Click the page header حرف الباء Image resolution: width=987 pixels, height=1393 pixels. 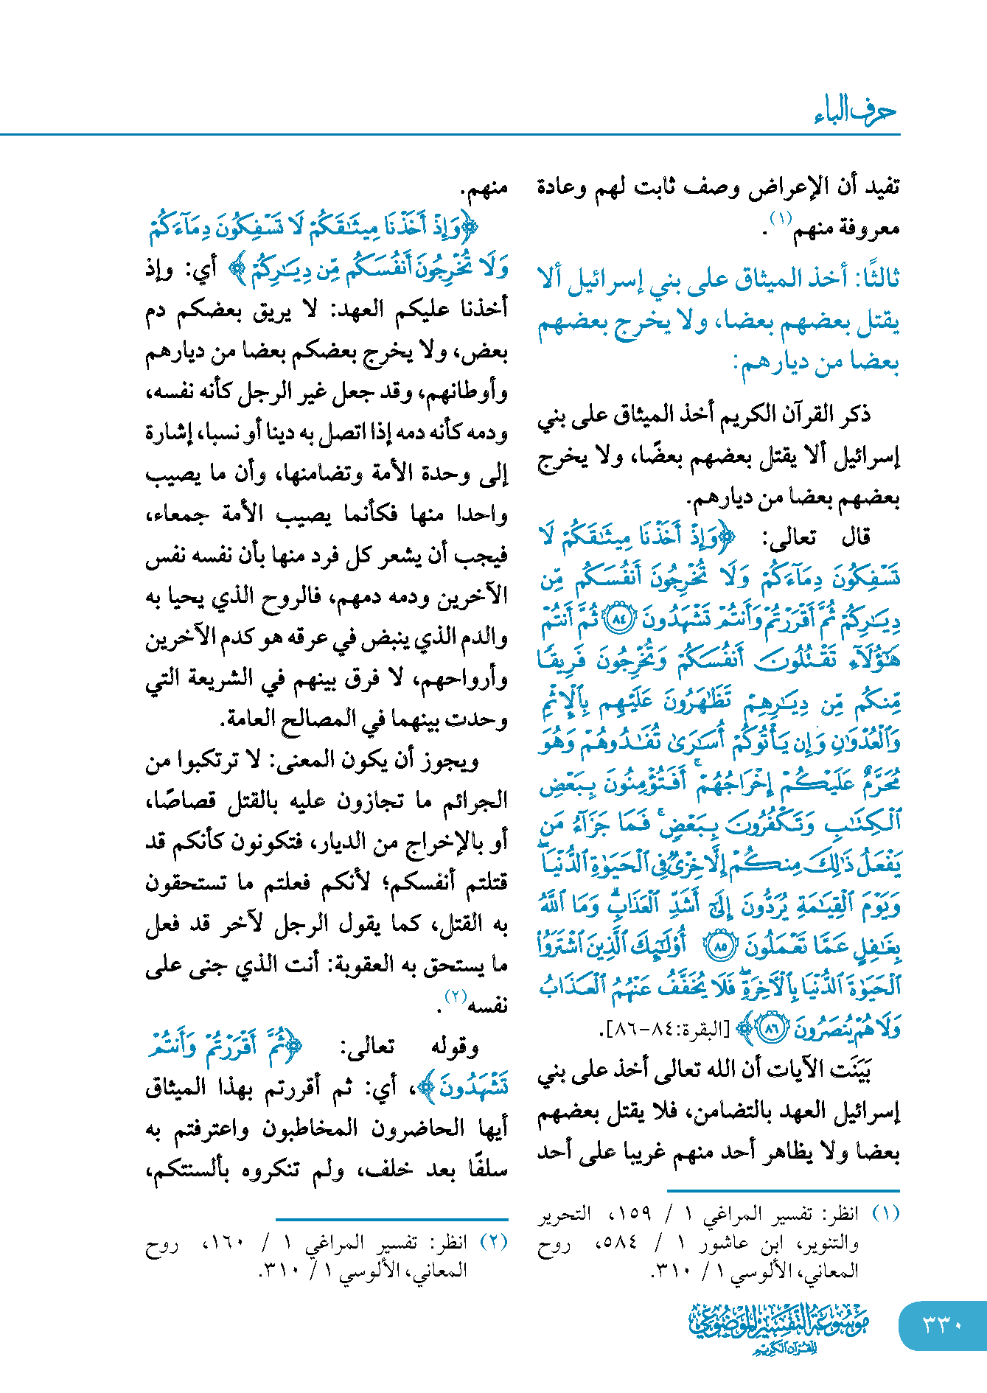(855, 112)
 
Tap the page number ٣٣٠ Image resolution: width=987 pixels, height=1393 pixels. (943, 1324)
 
